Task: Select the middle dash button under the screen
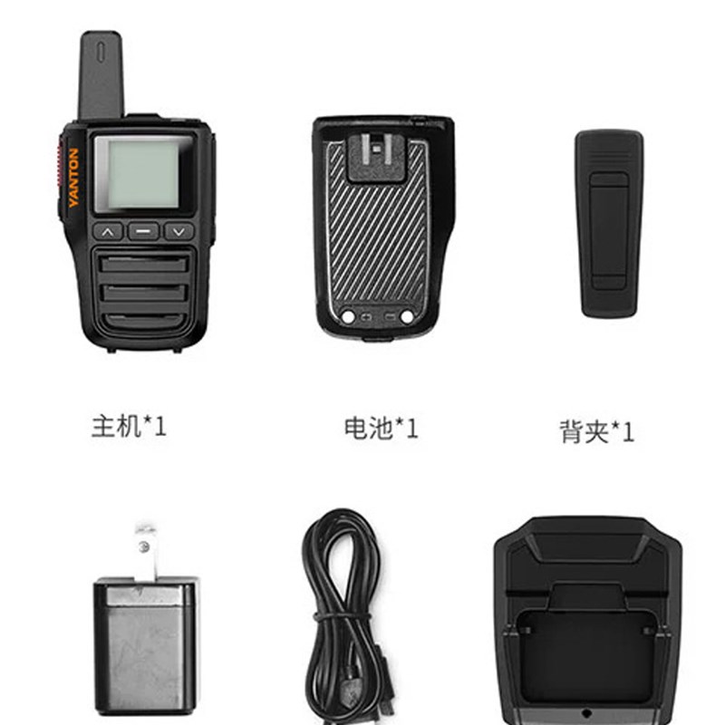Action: (143, 231)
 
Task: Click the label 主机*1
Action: (129, 426)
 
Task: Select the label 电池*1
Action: (382, 428)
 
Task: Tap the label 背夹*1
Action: (597, 430)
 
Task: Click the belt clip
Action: (610, 223)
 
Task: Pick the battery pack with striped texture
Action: (380, 236)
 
